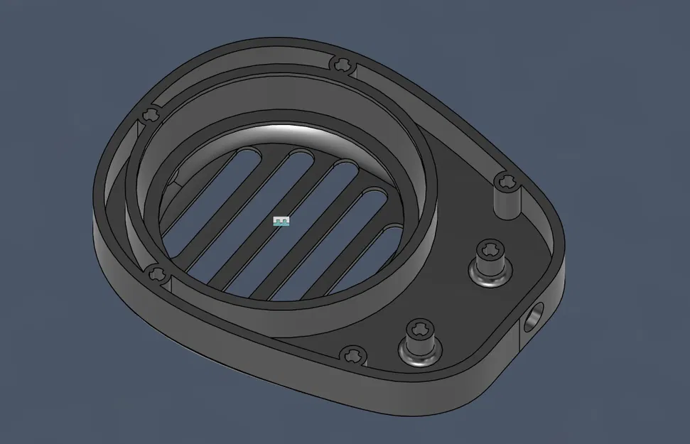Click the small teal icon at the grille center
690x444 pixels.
(x=281, y=222)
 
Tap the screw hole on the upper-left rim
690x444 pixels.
(x=151, y=114)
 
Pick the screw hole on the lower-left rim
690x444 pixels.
(x=158, y=274)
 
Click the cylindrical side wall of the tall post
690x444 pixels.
(x=507, y=202)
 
